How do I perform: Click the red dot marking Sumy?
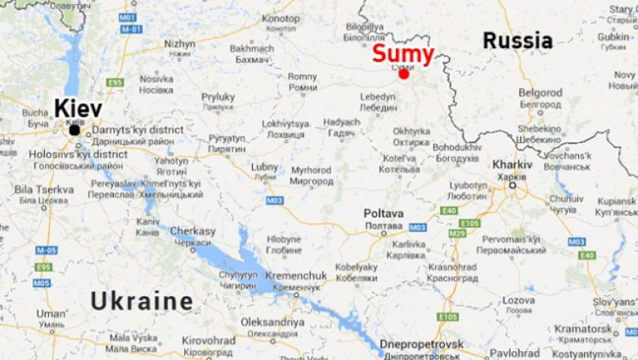[x=403, y=74]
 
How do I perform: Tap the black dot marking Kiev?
[x=74, y=130]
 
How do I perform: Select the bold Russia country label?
[x=517, y=40]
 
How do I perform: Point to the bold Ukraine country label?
[x=142, y=301]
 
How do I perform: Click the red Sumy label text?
[x=402, y=54]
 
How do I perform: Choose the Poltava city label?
[x=383, y=214]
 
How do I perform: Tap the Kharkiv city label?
[x=512, y=164]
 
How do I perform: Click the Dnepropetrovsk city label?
[x=421, y=344]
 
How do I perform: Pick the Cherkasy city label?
[x=193, y=232]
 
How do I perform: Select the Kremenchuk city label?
[x=296, y=276]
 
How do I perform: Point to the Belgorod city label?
[x=540, y=93]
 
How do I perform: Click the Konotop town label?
[x=281, y=18]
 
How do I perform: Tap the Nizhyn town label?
[x=179, y=44]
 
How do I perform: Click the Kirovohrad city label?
[x=209, y=340]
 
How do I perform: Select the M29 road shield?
[x=456, y=233]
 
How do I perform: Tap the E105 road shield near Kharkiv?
[x=470, y=223]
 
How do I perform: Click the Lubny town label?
[x=264, y=167]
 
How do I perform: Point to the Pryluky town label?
[x=218, y=97]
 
